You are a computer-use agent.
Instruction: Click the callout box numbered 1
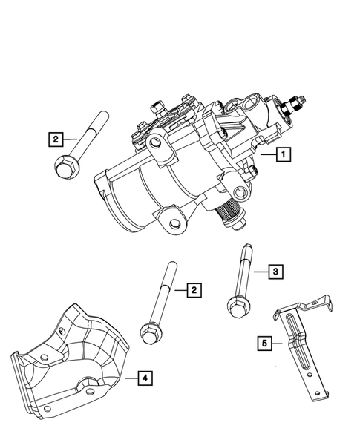(282, 155)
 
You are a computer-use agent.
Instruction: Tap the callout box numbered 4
(145, 379)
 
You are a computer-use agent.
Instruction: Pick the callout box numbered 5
(263, 343)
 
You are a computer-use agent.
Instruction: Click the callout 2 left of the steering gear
(54, 138)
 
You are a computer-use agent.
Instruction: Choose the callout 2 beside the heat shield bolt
(193, 289)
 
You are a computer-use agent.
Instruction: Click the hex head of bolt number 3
(236, 306)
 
